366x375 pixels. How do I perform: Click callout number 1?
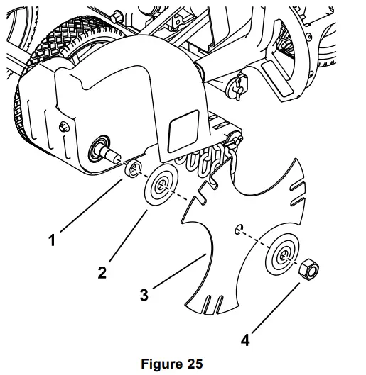(51, 241)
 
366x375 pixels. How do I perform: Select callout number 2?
(102, 273)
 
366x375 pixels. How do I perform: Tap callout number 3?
(144, 295)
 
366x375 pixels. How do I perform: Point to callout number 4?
(245, 340)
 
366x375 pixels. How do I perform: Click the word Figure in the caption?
(161, 364)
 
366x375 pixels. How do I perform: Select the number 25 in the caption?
(194, 364)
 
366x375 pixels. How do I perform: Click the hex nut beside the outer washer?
(308, 269)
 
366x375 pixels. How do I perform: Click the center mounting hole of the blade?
(238, 229)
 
